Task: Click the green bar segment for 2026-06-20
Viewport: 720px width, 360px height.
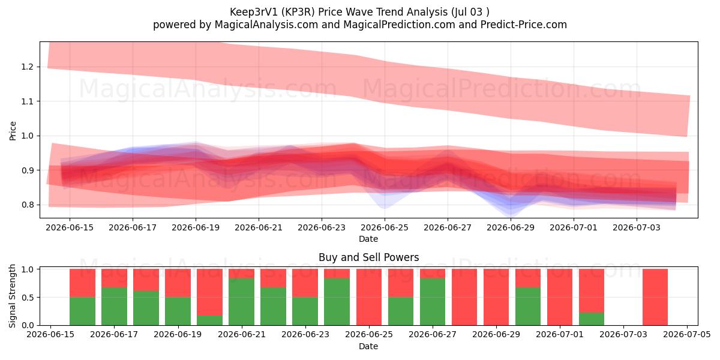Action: pos(209,320)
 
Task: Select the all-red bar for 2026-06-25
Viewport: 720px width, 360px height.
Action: pos(369,297)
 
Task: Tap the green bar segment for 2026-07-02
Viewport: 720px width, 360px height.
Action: pos(592,319)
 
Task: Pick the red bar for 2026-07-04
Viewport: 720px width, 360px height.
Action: pos(655,297)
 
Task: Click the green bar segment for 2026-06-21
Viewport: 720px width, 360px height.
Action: pos(241,302)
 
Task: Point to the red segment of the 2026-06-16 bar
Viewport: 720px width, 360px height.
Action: pos(82,283)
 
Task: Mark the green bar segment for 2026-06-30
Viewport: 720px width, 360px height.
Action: pos(528,307)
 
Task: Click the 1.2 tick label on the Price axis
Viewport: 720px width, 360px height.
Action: pos(27,67)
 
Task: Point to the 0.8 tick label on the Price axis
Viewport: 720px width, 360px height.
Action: pos(27,205)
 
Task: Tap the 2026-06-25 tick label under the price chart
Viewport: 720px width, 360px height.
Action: pos(385,227)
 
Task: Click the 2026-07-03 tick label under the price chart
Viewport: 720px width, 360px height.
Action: pos(637,227)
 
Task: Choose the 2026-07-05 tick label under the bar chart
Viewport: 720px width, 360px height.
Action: pos(687,334)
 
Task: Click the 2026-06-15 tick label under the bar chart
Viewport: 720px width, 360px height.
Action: pos(50,334)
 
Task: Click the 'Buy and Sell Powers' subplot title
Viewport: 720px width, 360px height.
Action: pos(368,257)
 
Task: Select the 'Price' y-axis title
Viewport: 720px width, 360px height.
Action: pos(13,131)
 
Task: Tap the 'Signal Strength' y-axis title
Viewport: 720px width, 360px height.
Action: pos(12,296)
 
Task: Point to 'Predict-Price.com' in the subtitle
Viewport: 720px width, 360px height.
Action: pos(524,25)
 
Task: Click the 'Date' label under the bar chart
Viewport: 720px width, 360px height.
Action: pos(368,346)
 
